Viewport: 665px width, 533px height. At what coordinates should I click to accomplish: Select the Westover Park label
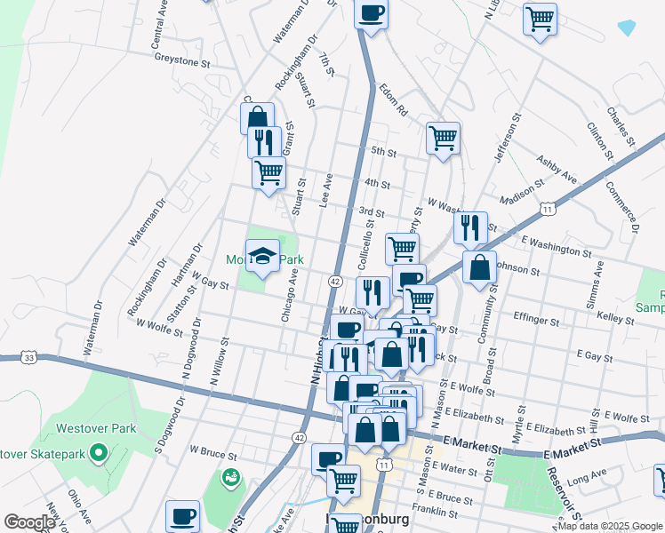click(97, 428)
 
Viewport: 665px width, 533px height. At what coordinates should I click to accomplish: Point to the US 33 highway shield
click(30, 357)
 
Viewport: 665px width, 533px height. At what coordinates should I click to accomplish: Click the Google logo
click(29, 522)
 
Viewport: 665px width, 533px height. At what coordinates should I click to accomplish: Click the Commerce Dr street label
click(623, 207)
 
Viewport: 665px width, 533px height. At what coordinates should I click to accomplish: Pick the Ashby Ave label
click(557, 171)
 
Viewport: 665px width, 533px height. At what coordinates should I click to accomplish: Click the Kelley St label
click(615, 315)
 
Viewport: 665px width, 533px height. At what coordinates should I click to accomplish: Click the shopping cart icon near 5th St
click(443, 139)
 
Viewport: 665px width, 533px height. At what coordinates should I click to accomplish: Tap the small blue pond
click(627, 28)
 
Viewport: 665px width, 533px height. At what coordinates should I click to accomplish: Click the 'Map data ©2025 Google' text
click(609, 526)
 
